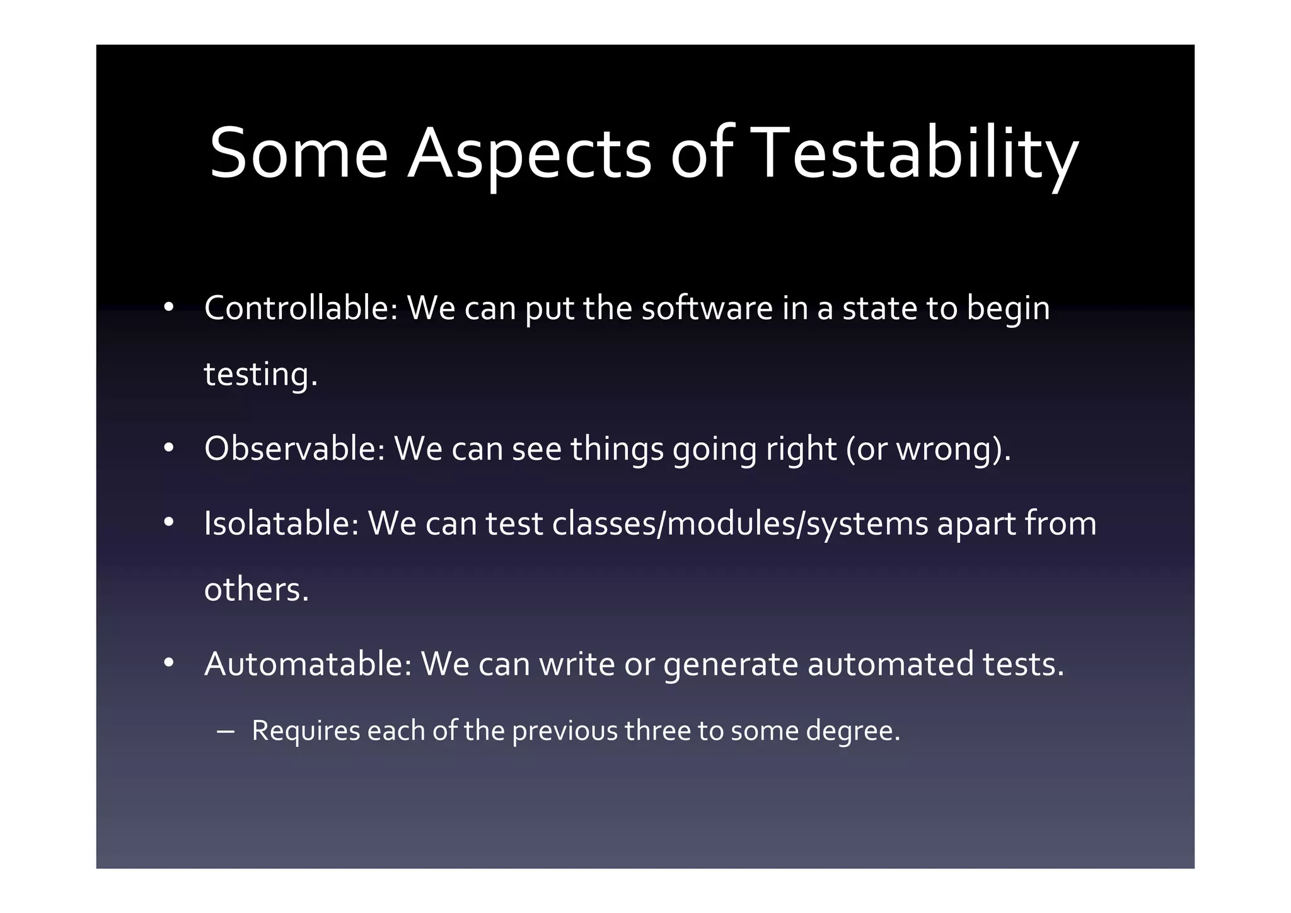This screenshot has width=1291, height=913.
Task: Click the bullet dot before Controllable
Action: coord(168,308)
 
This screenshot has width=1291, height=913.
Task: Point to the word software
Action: coord(707,308)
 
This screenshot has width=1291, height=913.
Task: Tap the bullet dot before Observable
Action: coord(168,448)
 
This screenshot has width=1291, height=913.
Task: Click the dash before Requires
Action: coord(225,731)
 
